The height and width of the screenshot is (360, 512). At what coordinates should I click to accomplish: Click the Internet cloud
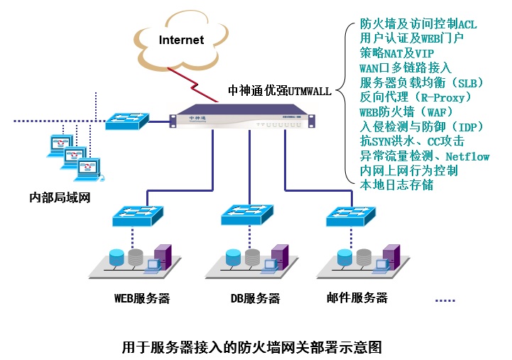(181, 40)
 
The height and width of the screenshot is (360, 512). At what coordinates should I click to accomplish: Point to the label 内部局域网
(60, 197)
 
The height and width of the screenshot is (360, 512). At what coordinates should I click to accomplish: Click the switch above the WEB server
(138, 214)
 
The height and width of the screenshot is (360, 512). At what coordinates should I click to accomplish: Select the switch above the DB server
(246, 214)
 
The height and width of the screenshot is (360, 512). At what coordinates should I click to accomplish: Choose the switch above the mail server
(350, 214)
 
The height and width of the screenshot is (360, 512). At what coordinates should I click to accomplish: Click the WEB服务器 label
(142, 298)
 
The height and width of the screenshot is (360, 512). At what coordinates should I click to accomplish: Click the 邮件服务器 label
(357, 298)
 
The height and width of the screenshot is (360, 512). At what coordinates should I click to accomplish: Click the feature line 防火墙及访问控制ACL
(418, 24)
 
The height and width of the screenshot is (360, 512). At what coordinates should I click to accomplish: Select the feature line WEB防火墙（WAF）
(406, 112)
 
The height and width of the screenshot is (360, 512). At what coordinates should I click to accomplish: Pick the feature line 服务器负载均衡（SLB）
(416, 82)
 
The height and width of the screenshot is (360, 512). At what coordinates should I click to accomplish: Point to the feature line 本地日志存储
(396, 185)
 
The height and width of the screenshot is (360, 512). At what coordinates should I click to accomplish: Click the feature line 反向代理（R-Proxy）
(415, 97)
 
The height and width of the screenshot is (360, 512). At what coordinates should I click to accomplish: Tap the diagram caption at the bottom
(252, 347)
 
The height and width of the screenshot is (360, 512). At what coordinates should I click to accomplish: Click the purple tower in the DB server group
(278, 258)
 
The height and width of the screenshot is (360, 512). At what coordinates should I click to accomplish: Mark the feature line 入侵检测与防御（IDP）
(421, 126)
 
